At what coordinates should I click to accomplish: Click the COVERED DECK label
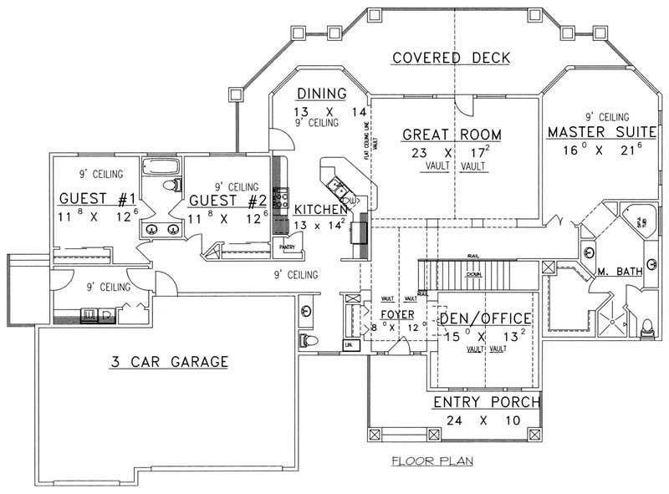click(451, 58)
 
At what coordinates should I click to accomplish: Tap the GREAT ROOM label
click(452, 135)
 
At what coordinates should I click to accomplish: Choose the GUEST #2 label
click(227, 201)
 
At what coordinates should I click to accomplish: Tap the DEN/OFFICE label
click(486, 318)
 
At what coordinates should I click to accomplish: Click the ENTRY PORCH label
click(486, 403)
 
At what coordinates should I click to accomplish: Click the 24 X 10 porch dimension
click(486, 422)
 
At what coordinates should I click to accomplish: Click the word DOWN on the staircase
click(473, 273)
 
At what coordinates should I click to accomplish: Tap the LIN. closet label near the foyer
click(347, 344)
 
